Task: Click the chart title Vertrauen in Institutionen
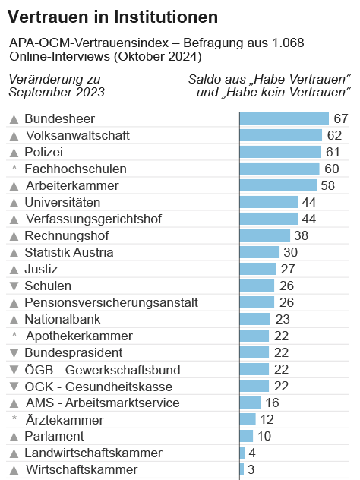click(112, 16)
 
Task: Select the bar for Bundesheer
click(284, 118)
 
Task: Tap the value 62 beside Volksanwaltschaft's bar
click(335, 135)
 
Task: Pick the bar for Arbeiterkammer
click(278, 185)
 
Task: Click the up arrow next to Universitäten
click(14, 203)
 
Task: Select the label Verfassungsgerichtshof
click(93, 219)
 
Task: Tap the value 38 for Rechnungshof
click(302, 235)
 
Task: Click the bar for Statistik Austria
click(259, 252)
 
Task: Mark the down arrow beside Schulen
click(14, 286)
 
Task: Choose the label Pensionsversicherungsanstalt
click(111, 302)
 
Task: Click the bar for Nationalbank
click(254, 319)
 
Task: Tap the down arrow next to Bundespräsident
click(14, 353)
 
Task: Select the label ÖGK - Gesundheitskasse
click(93, 386)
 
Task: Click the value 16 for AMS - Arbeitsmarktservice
click(273, 403)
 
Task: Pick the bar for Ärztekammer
click(248, 419)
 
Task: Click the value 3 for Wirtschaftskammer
click(251, 469)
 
